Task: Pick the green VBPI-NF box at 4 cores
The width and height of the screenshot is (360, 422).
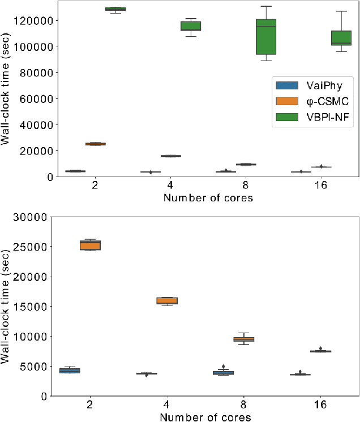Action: [190, 26]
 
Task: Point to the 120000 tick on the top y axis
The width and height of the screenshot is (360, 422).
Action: [37, 20]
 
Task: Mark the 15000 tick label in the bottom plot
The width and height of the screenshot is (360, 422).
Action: [37, 307]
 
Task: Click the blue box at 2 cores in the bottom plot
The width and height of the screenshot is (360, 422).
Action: [70, 371]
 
